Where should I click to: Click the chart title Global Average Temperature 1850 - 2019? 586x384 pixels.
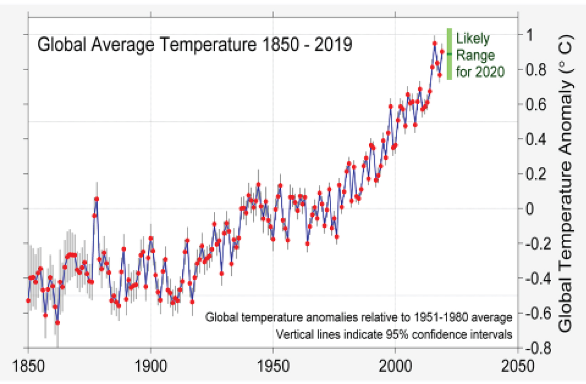[x=195, y=45]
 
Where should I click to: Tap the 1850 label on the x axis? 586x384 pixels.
[x=28, y=366]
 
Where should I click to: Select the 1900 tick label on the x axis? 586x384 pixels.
[x=150, y=366]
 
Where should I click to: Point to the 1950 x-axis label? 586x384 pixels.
[x=273, y=366]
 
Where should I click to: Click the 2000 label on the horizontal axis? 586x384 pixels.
[x=395, y=366]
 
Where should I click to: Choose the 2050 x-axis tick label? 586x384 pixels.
[x=518, y=366]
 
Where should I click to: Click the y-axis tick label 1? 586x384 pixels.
[x=529, y=35]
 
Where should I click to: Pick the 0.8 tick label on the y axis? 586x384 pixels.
[x=536, y=70]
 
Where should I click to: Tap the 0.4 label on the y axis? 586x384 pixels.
[x=536, y=139]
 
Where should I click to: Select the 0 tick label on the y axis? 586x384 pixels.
[x=529, y=209]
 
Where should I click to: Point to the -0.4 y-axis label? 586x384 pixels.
[x=538, y=279]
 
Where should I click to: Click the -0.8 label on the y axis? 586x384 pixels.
[x=538, y=348]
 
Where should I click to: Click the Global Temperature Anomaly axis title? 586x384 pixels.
[x=566, y=184]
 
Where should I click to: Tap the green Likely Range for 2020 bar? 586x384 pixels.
[x=449, y=54]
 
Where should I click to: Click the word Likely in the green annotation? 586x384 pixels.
[x=473, y=38]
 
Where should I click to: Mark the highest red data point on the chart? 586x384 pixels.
[x=434, y=43]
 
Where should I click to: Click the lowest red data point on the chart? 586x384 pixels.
[x=57, y=323]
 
